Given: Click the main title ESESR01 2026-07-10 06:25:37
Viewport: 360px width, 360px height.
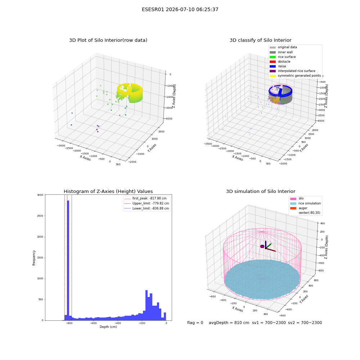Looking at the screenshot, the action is (x=180, y=9).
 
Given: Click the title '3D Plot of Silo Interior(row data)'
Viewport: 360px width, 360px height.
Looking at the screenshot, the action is (x=108, y=40).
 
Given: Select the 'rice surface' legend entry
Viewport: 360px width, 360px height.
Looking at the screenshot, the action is (x=283, y=57).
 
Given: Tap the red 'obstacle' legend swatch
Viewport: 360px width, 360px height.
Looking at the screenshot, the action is (x=273, y=62).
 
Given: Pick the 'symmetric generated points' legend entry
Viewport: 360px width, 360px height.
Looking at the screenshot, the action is (x=295, y=76).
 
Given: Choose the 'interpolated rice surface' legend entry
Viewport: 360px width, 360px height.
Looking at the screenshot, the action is (x=292, y=71).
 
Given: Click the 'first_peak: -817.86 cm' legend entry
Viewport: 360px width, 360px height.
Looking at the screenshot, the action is (x=145, y=198).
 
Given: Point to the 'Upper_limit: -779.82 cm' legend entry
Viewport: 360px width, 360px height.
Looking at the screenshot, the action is (x=147, y=203).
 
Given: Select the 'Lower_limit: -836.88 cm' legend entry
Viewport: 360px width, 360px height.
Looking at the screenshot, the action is (x=147, y=208).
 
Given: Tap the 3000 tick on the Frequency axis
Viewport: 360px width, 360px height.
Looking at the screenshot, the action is (x=40, y=195).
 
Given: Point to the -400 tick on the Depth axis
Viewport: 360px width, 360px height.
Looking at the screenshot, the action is (x=118, y=323).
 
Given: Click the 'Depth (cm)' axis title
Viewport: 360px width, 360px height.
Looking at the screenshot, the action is (x=108, y=327).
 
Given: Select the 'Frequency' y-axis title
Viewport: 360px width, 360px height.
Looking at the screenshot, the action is (x=34, y=258).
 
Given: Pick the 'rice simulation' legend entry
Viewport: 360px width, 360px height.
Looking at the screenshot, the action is (x=305, y=203).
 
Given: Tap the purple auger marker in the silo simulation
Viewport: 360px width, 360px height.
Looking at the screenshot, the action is (x=262, y=246).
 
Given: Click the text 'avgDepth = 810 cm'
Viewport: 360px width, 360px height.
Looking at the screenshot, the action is (x=229, y=323).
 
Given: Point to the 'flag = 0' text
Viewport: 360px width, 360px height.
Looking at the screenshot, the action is (x=195, y=323).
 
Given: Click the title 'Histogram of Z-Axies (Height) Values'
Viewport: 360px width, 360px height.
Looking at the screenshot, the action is (x=108, y=192).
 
